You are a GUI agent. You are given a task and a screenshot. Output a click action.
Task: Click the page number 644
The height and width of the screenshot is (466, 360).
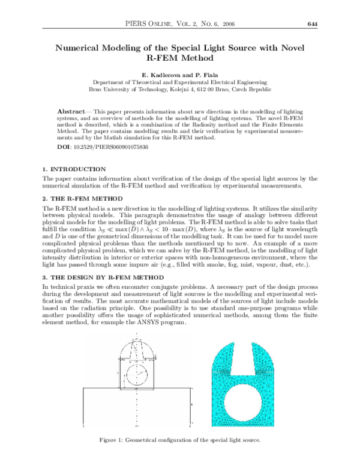click(x=311, y=24)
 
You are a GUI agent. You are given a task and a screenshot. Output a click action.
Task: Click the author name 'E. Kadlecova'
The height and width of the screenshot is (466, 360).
click(x=151, y=75)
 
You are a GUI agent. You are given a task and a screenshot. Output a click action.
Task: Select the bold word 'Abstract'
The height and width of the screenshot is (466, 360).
click(x=71, y=112)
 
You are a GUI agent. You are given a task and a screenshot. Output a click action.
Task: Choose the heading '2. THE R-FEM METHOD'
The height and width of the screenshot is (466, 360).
click(x=82, y=198)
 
